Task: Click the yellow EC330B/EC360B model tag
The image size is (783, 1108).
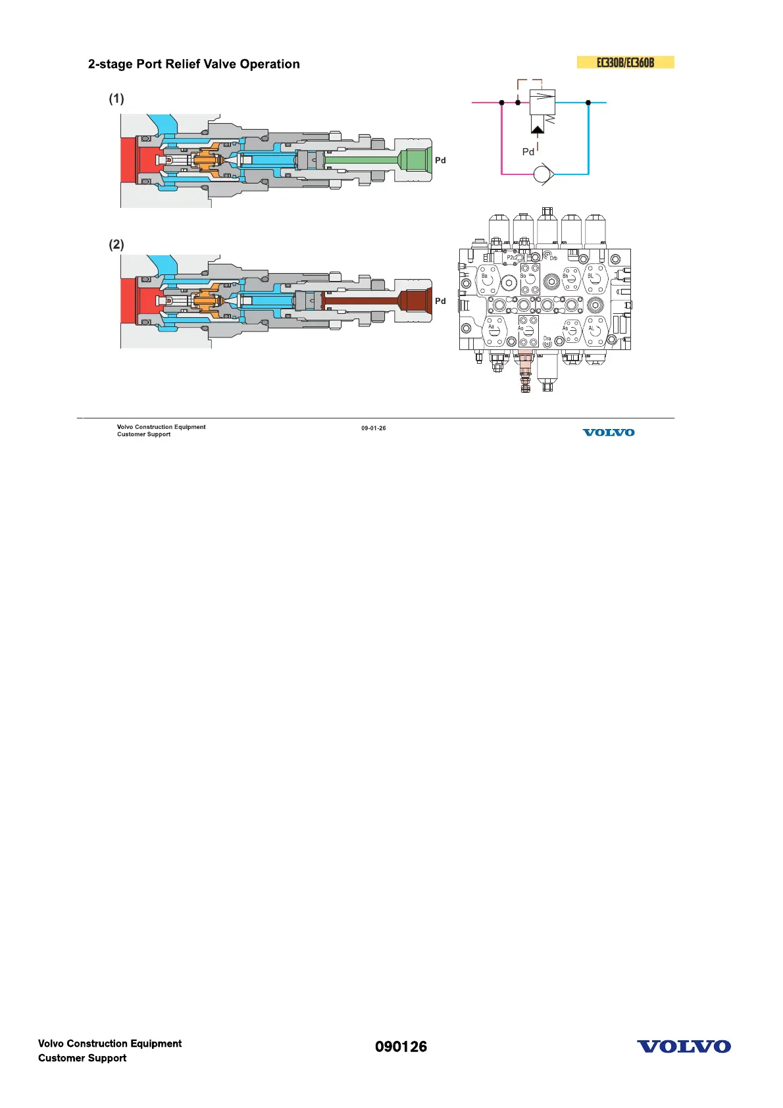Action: click(625, 63)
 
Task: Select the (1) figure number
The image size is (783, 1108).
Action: click(116, 99)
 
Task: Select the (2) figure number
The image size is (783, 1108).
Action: click(116, 245)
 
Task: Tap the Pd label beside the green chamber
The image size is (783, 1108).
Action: click(440, 161)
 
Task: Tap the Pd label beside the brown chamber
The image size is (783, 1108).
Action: click(440, 301)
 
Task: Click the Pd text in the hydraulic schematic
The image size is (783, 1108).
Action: click(528, 152)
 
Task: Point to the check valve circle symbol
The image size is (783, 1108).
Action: click(543, 174)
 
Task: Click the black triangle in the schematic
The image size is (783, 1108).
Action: click(538, 129)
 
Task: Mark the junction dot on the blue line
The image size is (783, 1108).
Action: click(588, 103)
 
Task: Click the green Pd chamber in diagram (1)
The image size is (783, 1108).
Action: click(415, 160)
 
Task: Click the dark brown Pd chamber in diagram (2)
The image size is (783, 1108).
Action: click(415, 301)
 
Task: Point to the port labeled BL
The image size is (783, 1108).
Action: click(591, 276)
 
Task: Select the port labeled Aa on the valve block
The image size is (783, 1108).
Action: click(491, 327)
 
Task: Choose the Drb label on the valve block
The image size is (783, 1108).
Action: click(553, 259)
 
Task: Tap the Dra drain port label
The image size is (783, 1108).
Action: click(547, 339)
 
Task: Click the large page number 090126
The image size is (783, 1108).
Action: click(401, 1047)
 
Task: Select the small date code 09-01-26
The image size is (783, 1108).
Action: click(373, 428)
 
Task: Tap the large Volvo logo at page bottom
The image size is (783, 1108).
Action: click(684, 1047)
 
